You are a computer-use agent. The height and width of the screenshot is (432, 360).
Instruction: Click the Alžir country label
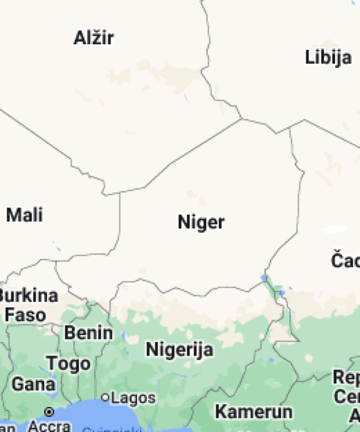tap(94, 38)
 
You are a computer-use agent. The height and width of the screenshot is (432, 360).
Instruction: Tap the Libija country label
tap(328, 57)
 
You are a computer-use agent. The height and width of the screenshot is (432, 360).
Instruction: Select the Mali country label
tap(24, 215)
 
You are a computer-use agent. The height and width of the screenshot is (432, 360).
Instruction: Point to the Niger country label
tap(201, 222)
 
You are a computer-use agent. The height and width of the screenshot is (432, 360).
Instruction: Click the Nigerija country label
tap(180, 349)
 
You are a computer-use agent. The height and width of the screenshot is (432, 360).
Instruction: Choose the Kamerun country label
tap(253, 411)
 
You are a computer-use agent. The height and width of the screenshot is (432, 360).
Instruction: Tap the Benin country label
tap(88, 333)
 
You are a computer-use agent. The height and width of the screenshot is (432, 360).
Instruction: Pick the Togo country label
tap(68, 363)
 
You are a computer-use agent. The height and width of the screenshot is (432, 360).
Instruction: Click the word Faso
tap(26, 314)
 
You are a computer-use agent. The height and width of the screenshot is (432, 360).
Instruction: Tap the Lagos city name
tap(133, 398)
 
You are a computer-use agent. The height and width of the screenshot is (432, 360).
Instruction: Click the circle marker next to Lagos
tap(105, 397)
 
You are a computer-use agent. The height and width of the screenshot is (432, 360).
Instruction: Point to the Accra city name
tap(50, 425)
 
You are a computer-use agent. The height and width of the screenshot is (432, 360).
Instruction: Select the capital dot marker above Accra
tap(49, 412)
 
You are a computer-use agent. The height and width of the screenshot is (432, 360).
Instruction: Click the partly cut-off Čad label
tap(345, 261)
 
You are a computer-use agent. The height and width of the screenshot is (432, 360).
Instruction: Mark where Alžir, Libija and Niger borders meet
tap(242, 119)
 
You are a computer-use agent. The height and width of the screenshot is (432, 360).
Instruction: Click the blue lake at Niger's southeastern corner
tap(265, 278)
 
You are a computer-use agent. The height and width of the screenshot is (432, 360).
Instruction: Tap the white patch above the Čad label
tap(333, 229)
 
